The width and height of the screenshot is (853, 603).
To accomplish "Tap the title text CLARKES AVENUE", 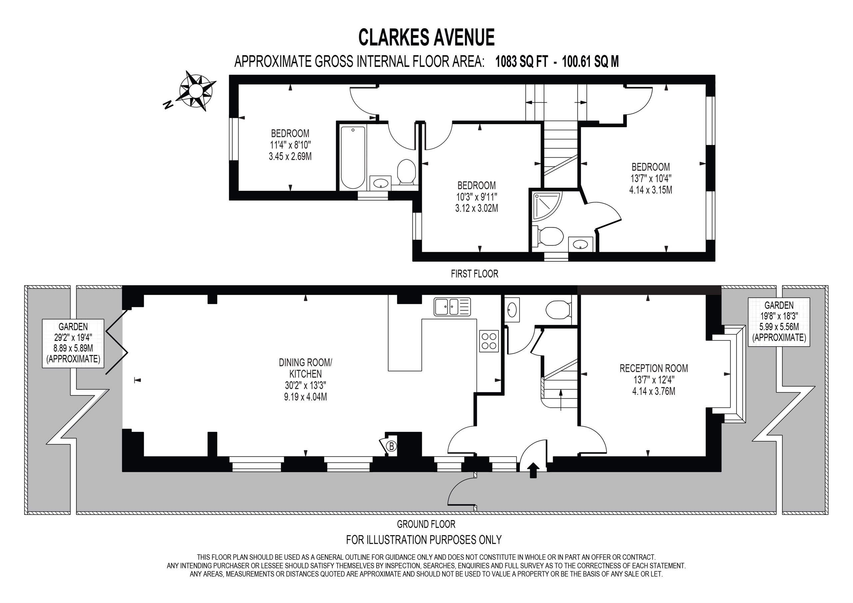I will pyautogui.click(x=426, y=38).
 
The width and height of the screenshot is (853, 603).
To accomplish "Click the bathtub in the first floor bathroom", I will pyautogui.click(x=353, y=157).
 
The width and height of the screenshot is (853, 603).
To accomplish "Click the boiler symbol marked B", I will pyautogui.click(x=391, y=446).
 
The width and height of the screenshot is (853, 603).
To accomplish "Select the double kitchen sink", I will pyautogui.click(x=451, y=307).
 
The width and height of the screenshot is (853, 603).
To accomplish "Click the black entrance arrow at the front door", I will pyautogui.click(x=533, y=470).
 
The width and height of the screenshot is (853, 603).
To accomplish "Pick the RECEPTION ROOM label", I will pyautogui.click(x=653, y=368).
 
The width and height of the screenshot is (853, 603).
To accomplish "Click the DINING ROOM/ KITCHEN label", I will pyautogui.click(x=306, y=368).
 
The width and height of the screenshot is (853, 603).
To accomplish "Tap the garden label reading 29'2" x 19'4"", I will pyautogui.click(x=73, y=338).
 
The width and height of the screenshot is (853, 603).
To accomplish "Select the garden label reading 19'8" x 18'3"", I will pyautogui.click(x=779, y=316).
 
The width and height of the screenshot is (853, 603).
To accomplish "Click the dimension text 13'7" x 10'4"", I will pyautogui.click(x=650, y=178).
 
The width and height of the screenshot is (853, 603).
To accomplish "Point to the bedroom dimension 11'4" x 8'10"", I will pyautogui.click(x=290, y=145).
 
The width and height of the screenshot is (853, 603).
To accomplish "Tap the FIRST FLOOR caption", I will pyautogui.click(x=474, y=274).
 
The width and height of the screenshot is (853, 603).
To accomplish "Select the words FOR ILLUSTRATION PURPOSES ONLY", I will pyautogui.click(x=424, y=539).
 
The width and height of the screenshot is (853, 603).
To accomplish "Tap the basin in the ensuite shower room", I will pyautogui.click(x=580, y=245).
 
